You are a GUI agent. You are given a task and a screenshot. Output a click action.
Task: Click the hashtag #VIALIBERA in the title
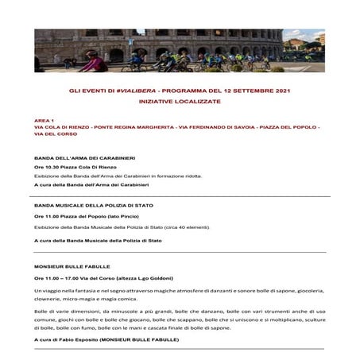click(x=132, y=92)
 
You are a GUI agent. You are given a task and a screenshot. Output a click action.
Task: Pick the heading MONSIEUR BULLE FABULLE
click(x=72, y=266)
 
